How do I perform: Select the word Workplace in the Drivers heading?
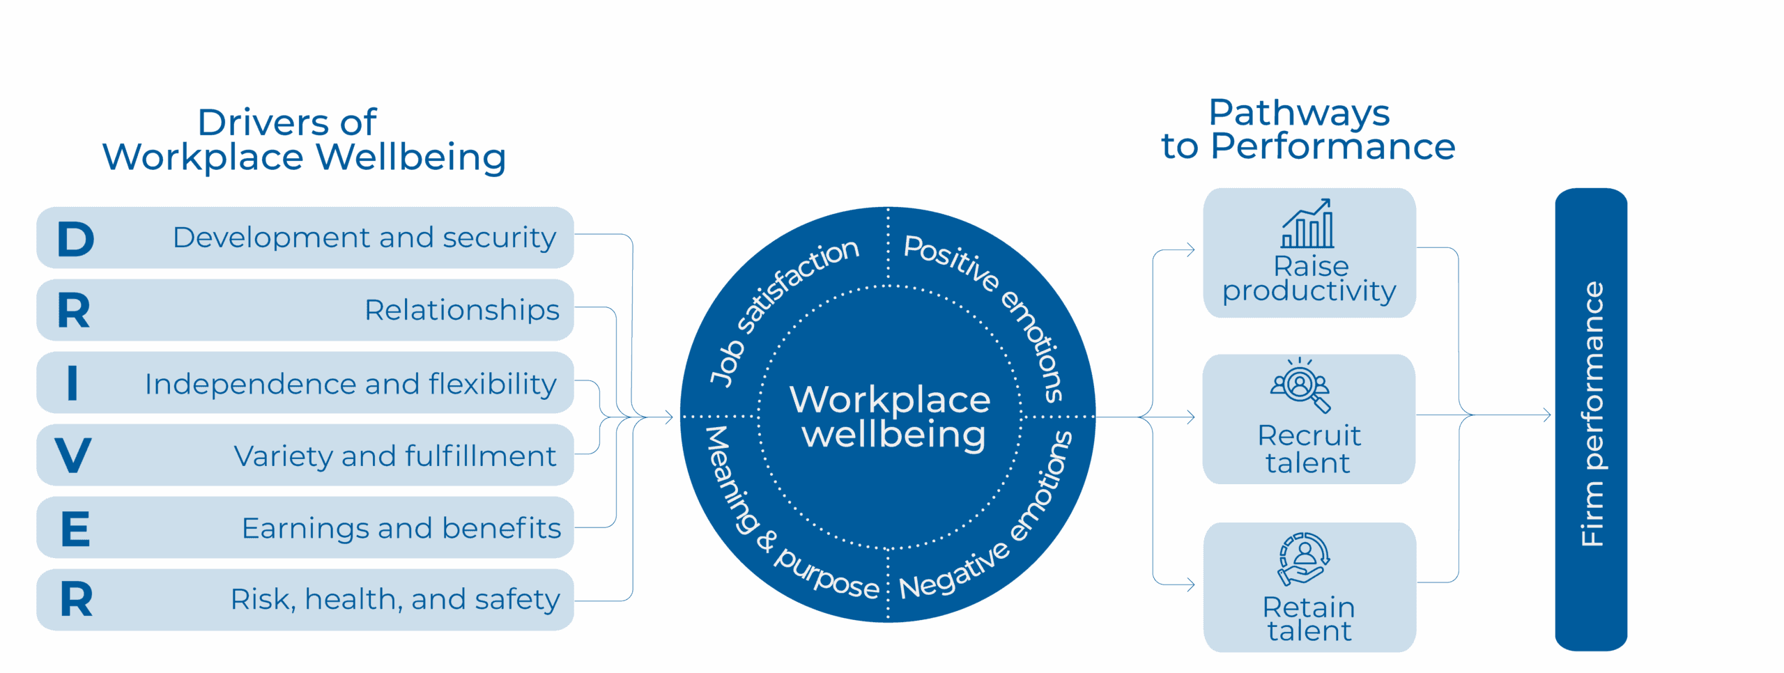(x=203, y=157)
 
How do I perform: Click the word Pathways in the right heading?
(x=1299, y=114)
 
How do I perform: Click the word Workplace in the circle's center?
(x=890, y=400)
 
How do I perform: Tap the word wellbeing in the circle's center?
(x=894, y=435)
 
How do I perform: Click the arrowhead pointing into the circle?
(x=669, y=417)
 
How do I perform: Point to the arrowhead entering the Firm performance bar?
(x=1546, y=415)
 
